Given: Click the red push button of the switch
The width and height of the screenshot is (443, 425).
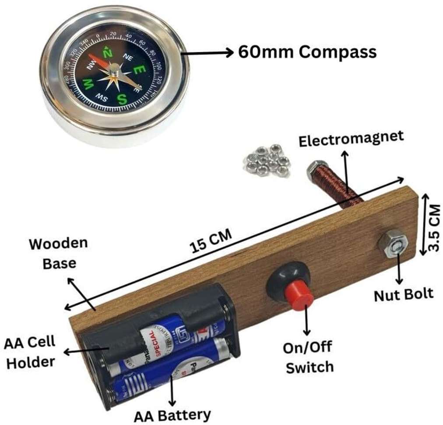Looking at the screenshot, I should pyautogui.click(x=300, y=296).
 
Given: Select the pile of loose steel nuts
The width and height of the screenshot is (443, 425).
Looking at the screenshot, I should pyautogui.click(x=267, y=160).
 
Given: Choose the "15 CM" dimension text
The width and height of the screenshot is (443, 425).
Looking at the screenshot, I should pyautogui.click(x=211, y=240).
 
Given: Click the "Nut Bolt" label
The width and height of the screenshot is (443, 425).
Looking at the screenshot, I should pyautogui.click(x=403, y=294).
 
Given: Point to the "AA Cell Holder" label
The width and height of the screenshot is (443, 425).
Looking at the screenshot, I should pyautogui.click(x=30, y=352).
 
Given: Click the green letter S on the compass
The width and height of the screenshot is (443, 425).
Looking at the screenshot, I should pyautogui.click(x=122, y=99).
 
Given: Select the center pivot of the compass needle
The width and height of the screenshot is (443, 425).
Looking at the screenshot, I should pyautogui.click(x=114, y=68).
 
